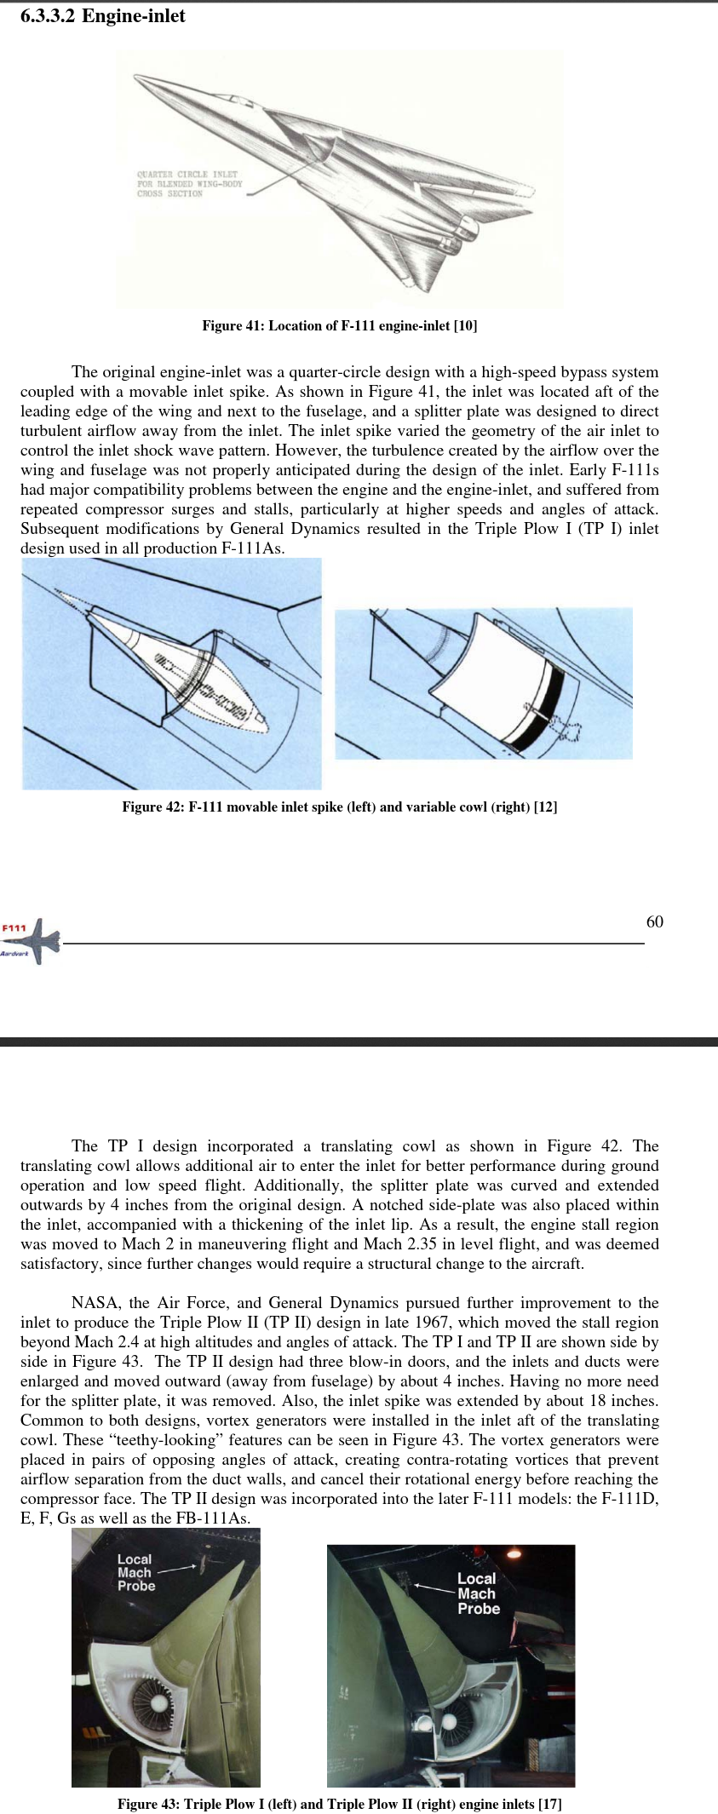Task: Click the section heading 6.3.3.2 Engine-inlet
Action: [x=102, y=16]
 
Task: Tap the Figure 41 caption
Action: [x=339, y=325]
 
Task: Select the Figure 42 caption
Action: [x=339, y=807]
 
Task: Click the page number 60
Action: [x=654, y=921]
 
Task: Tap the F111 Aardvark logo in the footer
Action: [x=32, y=940]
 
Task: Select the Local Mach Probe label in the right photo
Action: [x=478, y=1593]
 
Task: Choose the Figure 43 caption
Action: [x=339, y=1804]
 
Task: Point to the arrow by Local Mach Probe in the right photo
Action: [x=433, y=1587]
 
